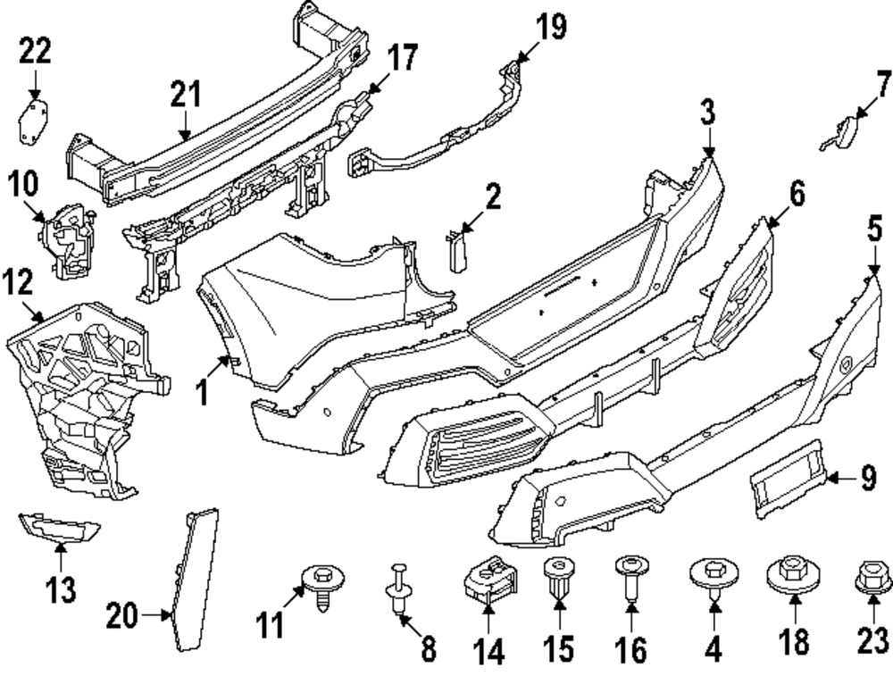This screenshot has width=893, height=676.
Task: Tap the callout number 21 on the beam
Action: click(187, 96)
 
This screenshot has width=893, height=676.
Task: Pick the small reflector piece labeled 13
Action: click(59, 530)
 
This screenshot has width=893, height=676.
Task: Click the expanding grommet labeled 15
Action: click(558, 577)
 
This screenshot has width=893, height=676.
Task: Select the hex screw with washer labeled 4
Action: click(714, 576)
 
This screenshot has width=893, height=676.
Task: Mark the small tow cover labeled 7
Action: click(838, 135)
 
